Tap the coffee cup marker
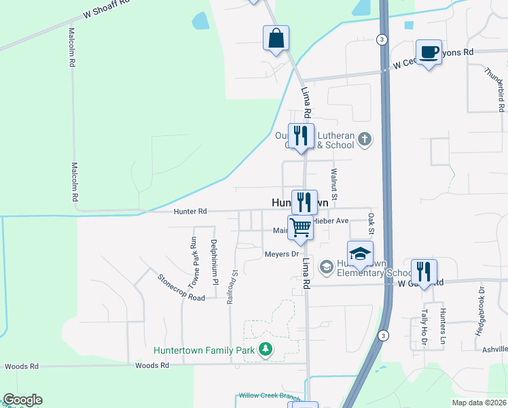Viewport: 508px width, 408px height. (x=429, y=52)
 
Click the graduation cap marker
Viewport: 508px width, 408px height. (x=360, y=254)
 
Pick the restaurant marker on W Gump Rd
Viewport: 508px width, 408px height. (x=424, y=271)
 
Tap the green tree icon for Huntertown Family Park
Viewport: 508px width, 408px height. (x=265, y=350)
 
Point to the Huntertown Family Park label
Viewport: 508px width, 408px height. (x=204, y=351)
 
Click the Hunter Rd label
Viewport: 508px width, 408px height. (x=189, y=211)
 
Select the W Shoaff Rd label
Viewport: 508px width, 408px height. (x=106, y=13)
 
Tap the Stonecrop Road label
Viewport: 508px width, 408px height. (x=181, y=288)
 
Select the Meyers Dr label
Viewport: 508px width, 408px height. (x=282, y=254)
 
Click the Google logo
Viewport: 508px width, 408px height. (x=22, y=400)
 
